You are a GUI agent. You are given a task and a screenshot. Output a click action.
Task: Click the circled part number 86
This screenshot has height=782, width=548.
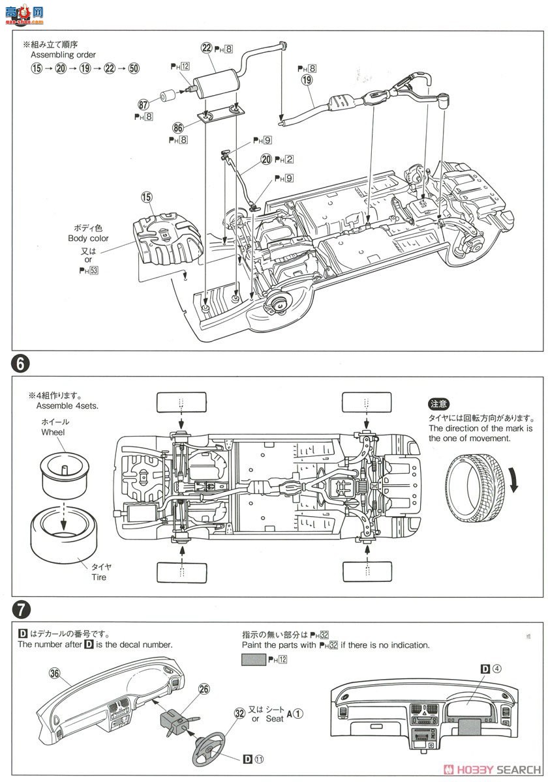click(x=177, y=128)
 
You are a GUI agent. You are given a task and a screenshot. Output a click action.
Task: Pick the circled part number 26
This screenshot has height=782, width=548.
click(x=204, y=689)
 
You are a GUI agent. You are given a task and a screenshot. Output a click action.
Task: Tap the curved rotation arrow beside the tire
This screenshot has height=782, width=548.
click(x=515, y=499)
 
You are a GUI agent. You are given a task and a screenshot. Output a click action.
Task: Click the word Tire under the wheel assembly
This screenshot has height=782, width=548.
click(x=99, y=577)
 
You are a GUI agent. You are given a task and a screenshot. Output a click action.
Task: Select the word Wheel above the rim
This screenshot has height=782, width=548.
click(x=53, y=432)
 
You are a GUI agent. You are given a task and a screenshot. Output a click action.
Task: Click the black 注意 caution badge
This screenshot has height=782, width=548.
click(x=439, y=405)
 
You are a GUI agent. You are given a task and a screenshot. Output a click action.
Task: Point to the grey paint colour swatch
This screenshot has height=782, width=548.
click(x=253, y=659)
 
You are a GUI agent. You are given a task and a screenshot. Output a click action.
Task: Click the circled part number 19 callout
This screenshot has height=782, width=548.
click(x=307, y=81)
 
